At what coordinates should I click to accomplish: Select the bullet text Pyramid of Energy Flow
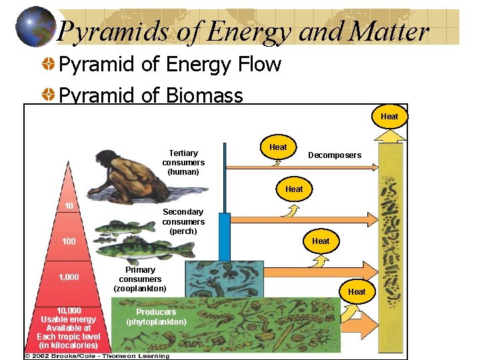pyautogui.click(x=170, y=65)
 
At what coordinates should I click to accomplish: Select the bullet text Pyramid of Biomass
pyautogui.click(x=151, y=96)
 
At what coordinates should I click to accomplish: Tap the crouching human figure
pyautogui.click(x=121, y=177)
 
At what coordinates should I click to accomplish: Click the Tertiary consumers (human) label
pyautogui.click(x=183, y=162)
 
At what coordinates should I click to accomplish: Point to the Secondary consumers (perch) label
pyautogui.click(x=183, y=221)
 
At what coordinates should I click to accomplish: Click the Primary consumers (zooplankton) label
pyautogui.click(x=140, y=279)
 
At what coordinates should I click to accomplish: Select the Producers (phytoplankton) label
pyautogui.click(x=156, y=317)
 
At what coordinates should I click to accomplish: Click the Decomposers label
pyautogui.click(x=334, y=155)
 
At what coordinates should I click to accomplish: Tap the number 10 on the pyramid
pyautogui.click(x=69, y=205)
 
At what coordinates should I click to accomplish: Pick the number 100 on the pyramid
pyautogui.click(x=69, y=241)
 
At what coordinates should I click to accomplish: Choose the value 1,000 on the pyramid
pyautogui.click(x=69, y=277)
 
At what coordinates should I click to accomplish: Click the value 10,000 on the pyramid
pyautogui.click(x=69, y=311)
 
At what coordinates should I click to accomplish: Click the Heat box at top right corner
pyautogui.click(x=389, y=116)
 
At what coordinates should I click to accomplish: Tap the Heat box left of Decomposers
pyautogui.click(x=278, y=147)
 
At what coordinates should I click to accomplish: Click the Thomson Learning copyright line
pyautogui.click(x=97, y=356)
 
